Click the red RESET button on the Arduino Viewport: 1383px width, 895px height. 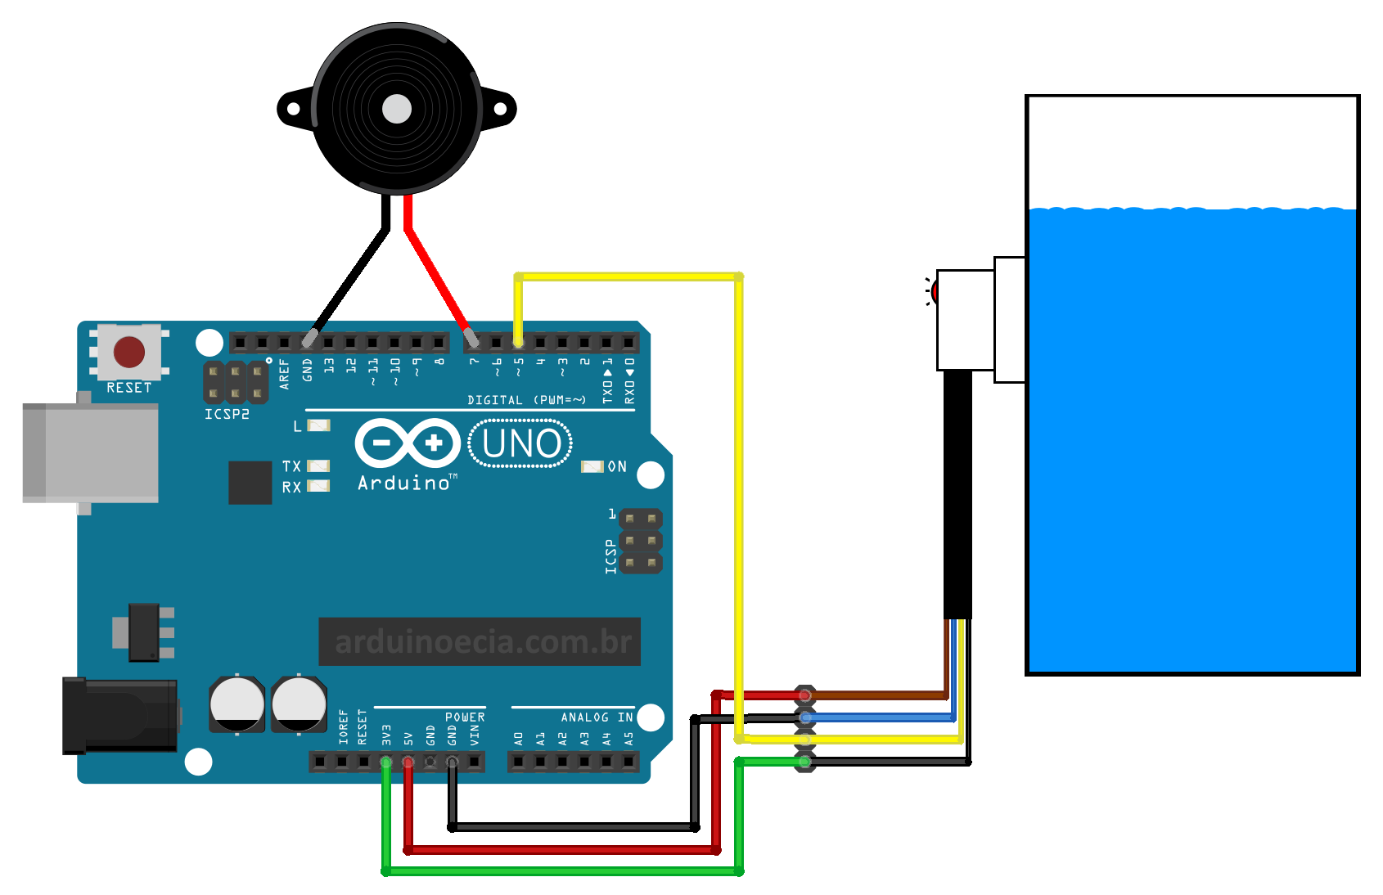[x=129, y=352]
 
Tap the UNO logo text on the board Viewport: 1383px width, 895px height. [x=521, y=443]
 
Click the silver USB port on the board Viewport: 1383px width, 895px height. [x=91, y=452]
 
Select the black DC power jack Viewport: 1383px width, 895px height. [x=121, y=715]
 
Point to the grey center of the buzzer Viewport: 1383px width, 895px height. [x=397, y=109]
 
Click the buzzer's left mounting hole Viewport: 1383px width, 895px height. [x=293, y=109]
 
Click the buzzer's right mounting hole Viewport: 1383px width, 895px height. [x=501, y=109]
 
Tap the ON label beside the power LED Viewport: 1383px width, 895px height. [x=617, y=466]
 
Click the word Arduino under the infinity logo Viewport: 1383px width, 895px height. [x=404, y=483]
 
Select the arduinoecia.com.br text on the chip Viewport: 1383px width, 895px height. [x=483, y=642]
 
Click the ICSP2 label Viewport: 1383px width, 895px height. [x=227, y=415]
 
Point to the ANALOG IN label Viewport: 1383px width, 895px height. [x=597, y=717]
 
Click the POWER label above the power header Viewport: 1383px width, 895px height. [x=465, y=717]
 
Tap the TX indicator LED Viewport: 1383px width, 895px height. [x=318, y=466]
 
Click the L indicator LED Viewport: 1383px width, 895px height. [x=318, y=425]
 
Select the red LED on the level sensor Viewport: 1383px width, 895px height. [x=935, y=291]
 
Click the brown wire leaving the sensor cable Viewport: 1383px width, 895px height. [x=876, y=695]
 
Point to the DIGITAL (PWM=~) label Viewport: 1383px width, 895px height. [x=526, y=400]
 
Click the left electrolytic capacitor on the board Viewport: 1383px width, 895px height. [x=237, y=704]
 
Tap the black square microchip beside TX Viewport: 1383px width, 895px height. [x=250, y=483]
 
